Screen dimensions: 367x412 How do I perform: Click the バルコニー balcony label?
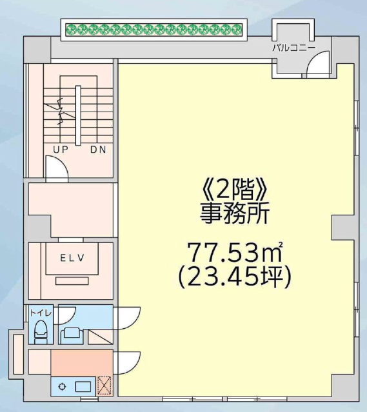(x=293, y=48)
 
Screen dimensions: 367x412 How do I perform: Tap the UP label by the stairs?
(x=61, y=150)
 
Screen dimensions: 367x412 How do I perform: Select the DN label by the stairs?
(x=98, y=150)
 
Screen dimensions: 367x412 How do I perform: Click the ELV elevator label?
(x=72, y=258)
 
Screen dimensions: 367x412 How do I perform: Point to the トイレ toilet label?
(x=41, y=313)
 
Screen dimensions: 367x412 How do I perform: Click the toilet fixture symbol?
(x=41, y=331)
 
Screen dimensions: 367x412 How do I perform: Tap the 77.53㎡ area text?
(x=235, y=251)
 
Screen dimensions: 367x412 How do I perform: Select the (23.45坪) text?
(x=235, y=277)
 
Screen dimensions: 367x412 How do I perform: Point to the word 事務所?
(x=235, y=213)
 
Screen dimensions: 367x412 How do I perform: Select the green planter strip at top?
(x=154, y=29)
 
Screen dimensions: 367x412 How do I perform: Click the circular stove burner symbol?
(x=63, y=387)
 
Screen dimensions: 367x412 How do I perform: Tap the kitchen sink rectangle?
(x=83, y=387)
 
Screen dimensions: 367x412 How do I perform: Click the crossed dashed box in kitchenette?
(x=104, y=386)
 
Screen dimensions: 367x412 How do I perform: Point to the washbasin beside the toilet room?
(x=72, y=335)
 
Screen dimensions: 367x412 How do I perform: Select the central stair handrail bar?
(x=78, y=115)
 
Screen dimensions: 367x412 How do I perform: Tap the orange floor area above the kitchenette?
(x=82, y=362)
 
